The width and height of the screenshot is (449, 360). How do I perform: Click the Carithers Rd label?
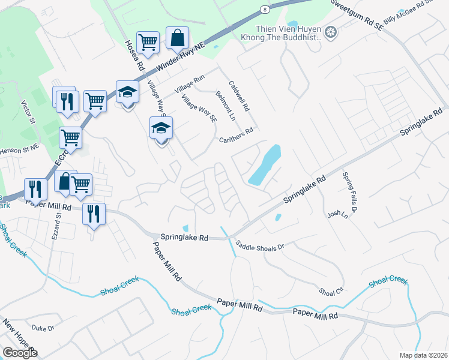coord(236,133)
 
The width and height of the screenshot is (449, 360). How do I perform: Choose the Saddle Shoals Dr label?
coord(259,245)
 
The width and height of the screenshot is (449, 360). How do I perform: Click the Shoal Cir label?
coord(331,292)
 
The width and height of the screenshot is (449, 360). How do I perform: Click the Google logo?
coord(20,353)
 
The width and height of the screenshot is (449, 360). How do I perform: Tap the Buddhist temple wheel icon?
coord(330,31)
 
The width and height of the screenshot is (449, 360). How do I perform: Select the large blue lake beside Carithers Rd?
coord(265,165)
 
